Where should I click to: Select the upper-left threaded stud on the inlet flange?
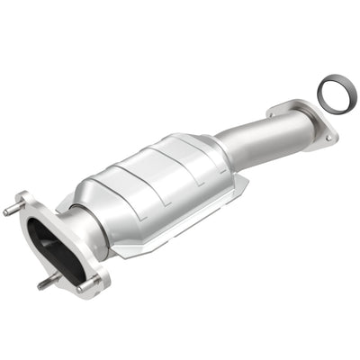pos(13,212)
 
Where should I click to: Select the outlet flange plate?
pos(310,121)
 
